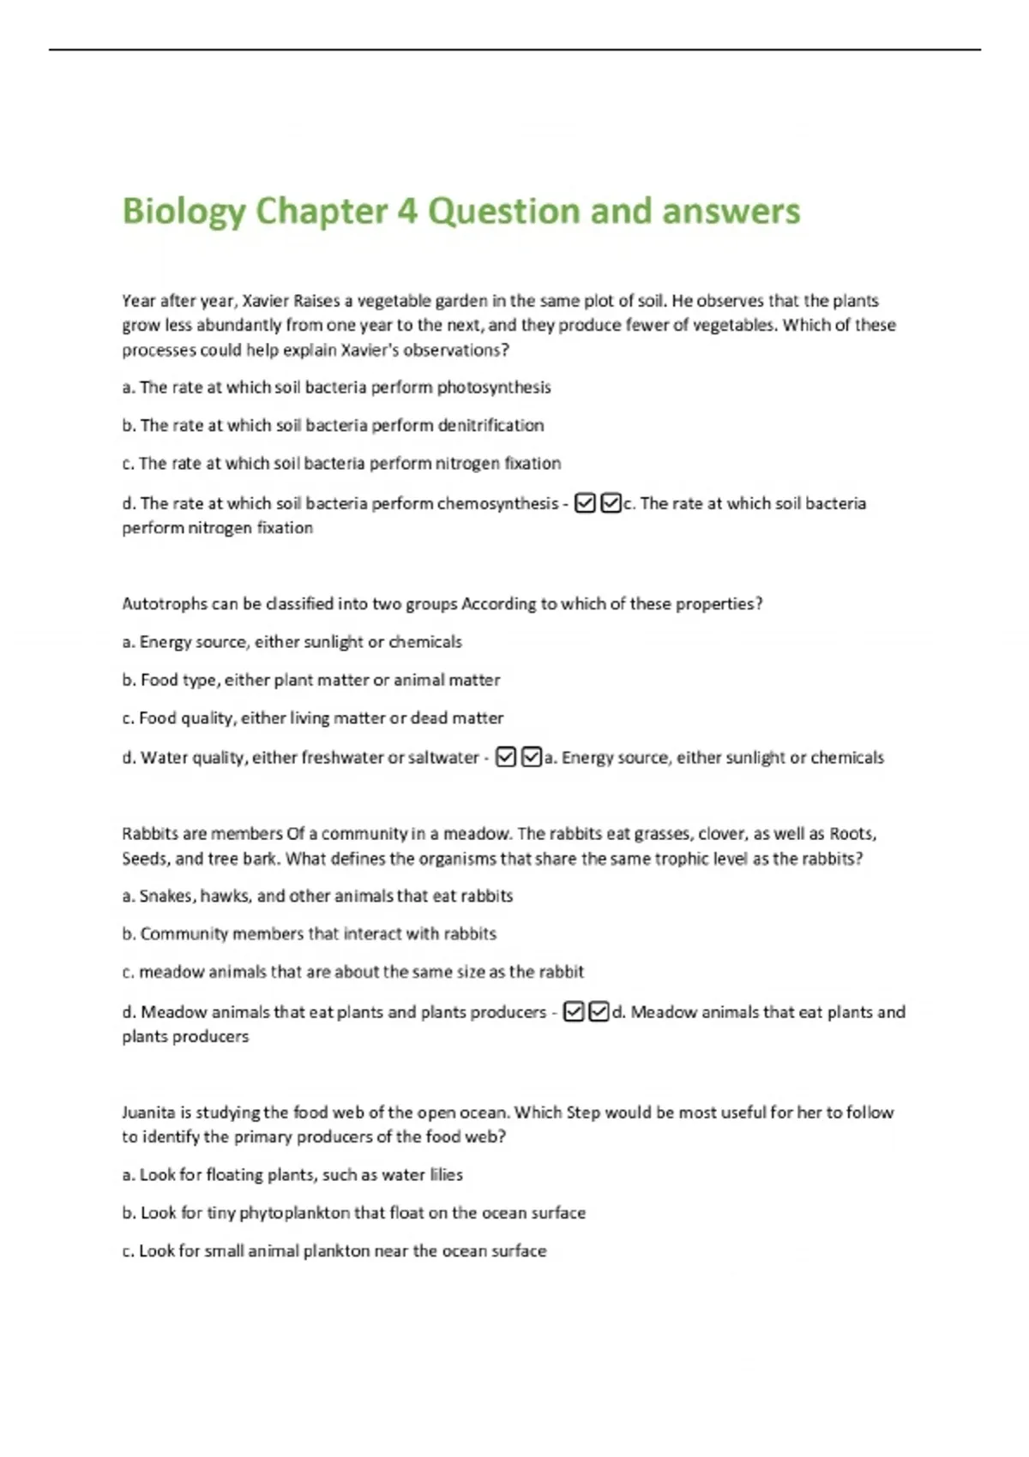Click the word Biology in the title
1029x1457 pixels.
point(184,212)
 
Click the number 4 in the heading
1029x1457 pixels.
point(406,211)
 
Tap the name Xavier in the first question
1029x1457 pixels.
point(267,301)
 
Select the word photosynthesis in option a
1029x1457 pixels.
point(494,387)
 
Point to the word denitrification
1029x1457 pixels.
point(490,425)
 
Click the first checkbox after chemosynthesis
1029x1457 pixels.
point(585,503)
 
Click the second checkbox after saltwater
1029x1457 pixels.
point(532,758)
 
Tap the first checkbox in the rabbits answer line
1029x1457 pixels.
point(574,1012)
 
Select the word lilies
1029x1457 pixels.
point(446,1175)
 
